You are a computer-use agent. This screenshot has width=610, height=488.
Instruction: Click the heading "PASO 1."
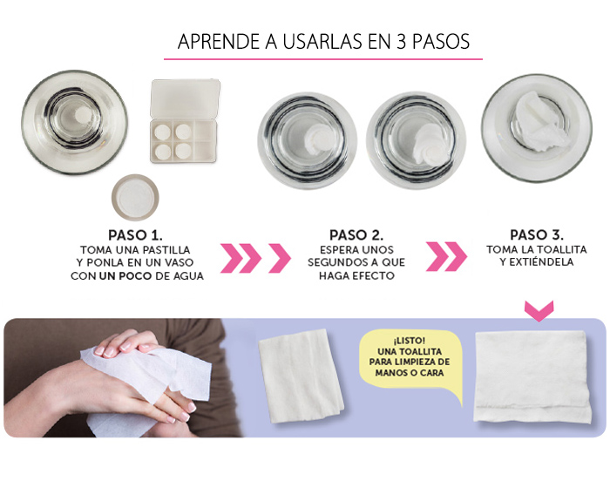click(135, 235)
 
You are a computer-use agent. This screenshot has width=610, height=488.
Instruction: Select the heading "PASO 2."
click(356, 235)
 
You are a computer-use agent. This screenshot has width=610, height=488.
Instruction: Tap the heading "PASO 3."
click(537, 235)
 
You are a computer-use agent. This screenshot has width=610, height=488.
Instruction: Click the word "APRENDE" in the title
click(219, 42)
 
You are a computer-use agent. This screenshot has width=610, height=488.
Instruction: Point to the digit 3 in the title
click(401, 42)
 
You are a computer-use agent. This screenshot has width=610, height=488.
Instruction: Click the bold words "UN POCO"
click(125, 276)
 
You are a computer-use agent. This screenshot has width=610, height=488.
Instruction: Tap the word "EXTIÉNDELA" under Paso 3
click(537, 262)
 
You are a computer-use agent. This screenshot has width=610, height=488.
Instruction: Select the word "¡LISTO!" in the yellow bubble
click(409, 341)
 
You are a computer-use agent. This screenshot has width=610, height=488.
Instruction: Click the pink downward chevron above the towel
click(539, 310)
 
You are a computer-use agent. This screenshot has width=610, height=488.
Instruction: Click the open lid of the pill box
click(185, 98)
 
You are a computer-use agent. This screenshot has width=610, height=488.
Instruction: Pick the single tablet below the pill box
click(135, 197)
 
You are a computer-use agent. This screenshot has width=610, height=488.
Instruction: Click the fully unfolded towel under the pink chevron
click(532, 377)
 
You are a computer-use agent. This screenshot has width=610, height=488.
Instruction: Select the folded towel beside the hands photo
click(302, 376)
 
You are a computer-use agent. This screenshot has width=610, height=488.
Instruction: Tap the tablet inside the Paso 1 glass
click(84, 114)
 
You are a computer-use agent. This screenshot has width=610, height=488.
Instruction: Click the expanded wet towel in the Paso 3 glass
click(538, 121)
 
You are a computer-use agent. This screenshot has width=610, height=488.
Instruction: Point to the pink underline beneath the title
click(323, 59)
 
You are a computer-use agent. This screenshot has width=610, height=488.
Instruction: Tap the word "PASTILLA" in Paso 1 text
click(167, 249)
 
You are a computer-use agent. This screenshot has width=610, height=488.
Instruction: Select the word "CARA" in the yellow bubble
click(431, 373)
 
